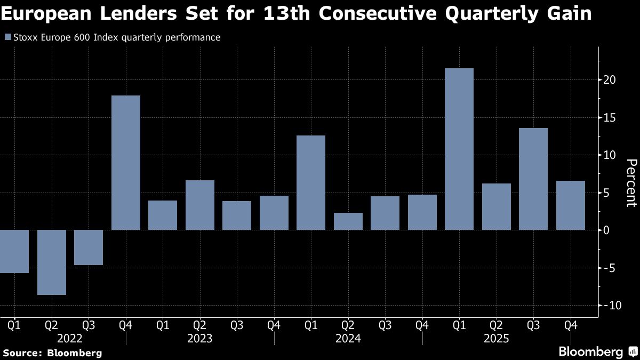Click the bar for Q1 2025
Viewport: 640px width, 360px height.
pos(459,149)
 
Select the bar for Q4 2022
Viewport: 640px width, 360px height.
pos(126,163)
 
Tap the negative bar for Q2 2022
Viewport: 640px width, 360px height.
pos(52,262)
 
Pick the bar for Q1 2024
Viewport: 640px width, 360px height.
pos(311,182)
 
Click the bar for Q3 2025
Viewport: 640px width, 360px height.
pos(533,179)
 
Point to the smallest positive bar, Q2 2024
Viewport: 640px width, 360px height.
pos(348,221)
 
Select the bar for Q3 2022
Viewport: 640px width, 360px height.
pos(89,247)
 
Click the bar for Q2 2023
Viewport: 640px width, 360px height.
pos(200,205)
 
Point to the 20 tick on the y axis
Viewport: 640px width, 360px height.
pos(610,80)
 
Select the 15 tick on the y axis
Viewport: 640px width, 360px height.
pos(610,118)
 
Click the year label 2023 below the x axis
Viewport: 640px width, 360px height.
pos(200,339)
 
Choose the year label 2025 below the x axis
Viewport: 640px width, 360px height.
pos(496,339)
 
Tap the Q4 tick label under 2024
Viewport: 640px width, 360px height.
pos(422,325)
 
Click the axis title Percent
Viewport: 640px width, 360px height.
pos(631,182)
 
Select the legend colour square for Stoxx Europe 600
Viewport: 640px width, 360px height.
pos(7,37)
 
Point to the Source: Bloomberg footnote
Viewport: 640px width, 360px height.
pos(52,353)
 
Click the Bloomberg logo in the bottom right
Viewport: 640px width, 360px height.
pos(597,352)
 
